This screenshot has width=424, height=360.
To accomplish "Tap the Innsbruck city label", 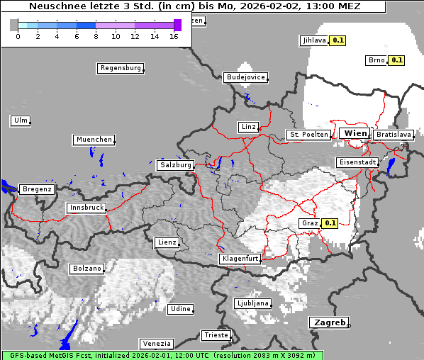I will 86,208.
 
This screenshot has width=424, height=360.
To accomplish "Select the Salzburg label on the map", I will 175,165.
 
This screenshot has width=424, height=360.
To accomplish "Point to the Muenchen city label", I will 94,140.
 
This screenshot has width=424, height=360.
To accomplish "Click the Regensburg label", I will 120,69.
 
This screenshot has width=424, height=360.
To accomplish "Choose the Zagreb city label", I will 329,322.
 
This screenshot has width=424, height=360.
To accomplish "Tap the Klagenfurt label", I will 240,259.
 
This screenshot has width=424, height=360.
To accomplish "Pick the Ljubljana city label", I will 252,303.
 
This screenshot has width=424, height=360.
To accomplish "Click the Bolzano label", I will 87,269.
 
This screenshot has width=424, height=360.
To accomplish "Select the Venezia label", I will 155,343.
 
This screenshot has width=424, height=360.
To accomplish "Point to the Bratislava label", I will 393,134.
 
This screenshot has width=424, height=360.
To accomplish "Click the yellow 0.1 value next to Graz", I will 329,223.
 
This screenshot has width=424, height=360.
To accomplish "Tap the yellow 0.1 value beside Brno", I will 396,60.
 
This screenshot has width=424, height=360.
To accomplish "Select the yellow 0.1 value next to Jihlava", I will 337,40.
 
